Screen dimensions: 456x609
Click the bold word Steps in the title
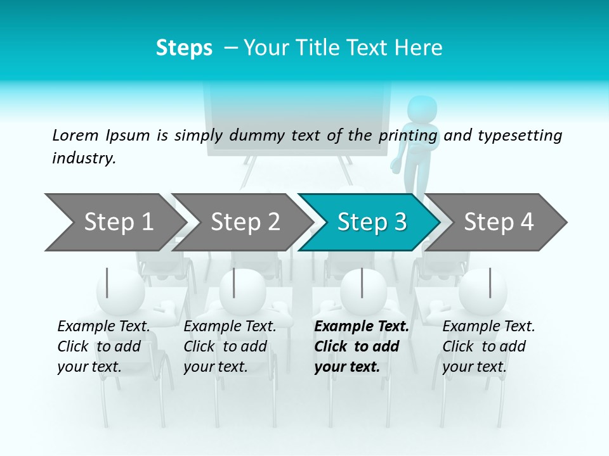(184, 47)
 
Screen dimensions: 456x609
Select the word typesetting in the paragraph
(520, 136)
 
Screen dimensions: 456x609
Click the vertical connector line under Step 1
(107, 282)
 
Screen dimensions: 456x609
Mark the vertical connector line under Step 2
(234, 282)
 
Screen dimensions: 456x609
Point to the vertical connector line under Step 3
(362, 282)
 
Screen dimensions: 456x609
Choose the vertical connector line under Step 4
(490, 282)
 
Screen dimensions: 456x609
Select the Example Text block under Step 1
(104, 346)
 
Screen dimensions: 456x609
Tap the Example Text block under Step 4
(488, 346)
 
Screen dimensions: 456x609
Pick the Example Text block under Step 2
(230, 346)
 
